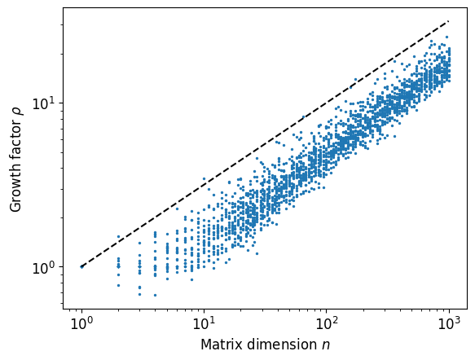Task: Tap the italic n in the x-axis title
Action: point(326,345)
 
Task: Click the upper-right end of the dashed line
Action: point(449,21)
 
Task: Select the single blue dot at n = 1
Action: point(81,266)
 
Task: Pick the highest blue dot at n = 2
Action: point(118,236)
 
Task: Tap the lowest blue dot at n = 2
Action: point(118,285)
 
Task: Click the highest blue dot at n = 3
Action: point(139,242)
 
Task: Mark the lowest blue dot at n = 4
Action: point(155,295)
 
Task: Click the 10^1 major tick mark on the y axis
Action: point(62,103)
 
